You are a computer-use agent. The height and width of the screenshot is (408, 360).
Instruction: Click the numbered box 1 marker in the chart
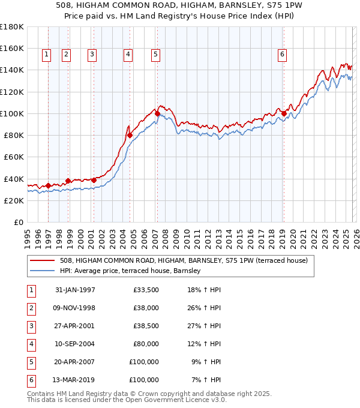(x=47, y=55)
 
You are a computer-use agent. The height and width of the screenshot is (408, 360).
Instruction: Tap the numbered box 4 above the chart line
(x=128, y=55)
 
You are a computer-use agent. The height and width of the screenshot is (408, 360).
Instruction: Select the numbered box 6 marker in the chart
(x=282, y=55)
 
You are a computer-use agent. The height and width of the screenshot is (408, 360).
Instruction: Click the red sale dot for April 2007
(x=157, y=113)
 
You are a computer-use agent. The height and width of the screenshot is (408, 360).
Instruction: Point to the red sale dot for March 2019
(x=284, y=113)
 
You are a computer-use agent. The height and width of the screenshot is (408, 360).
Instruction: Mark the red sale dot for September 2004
(x=130, y=135)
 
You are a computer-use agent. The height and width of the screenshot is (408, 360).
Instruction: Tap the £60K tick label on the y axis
(x=13, y=157)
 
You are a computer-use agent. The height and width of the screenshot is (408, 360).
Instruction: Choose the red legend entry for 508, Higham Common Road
(x=184, y=260)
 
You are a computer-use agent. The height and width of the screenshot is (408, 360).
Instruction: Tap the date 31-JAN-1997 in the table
(x=75, y=290)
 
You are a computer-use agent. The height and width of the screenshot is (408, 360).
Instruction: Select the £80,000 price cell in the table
(x=146, y=344)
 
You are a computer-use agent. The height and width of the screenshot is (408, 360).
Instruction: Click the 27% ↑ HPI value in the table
(x=204, y=326)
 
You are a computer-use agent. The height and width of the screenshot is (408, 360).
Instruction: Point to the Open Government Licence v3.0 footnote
(x=127, y=400)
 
